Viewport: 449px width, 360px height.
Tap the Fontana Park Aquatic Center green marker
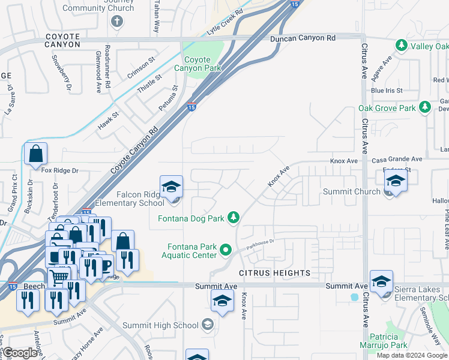tap(226, 249)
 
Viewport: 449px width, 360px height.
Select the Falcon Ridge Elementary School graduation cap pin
tap(171, 185)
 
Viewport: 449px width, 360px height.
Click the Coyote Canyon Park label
tap(197, 64)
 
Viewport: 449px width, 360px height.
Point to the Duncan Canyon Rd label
tap(303, 38)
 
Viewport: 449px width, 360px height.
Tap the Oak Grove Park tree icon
tap(426, 107)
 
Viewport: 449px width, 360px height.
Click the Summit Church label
tap(352, 191)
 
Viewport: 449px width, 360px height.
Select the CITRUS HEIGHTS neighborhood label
tap(275, 273)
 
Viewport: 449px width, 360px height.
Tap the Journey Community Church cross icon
tap(117, 22)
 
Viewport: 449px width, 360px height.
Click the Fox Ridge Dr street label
tap(60, 170)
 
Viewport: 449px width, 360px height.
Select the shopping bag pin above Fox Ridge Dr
tap(36, 154)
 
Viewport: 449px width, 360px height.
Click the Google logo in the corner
tap(20, 353)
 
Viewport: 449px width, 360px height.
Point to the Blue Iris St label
tap(385, 90)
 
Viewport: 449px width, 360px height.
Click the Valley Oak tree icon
tap(401, 46)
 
